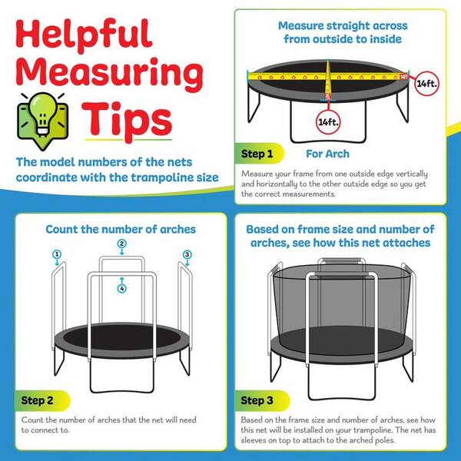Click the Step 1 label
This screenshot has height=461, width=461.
click(x=258, y=154)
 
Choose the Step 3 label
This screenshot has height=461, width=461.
click(x=258, y=400)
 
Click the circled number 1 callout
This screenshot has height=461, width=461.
click(x=56, y=254)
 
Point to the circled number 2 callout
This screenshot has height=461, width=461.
click(x=121, y=244)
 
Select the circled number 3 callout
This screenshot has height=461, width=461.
click(x=187, y=254)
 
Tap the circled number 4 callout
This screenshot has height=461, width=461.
click(x=121, y=288)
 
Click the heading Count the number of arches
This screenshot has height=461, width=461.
click(x=121, y=229)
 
